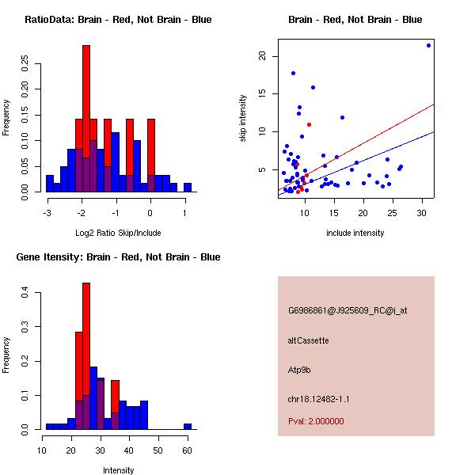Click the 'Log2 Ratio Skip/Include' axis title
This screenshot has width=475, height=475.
tap(118, 233)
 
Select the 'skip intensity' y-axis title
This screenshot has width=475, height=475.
tap(244, 119)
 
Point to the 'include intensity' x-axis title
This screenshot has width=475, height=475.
tap(355, 233)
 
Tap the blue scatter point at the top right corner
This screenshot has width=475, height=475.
tap(428, 45)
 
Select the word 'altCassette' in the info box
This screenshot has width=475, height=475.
tap(309, 340)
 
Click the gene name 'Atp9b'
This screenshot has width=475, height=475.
tap(300, 370)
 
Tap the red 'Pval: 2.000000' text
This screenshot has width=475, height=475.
tap(317, 421)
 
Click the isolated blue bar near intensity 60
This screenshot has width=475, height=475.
tap(188, 426)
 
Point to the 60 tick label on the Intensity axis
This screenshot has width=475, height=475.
tap(187, 449)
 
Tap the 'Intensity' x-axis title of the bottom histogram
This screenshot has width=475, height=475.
tap(118, 470)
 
